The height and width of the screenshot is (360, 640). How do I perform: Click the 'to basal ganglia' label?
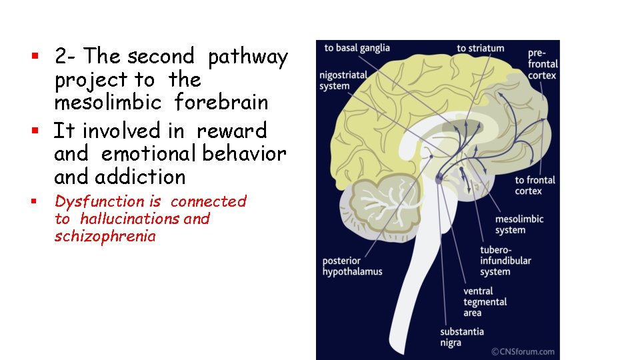point(357,48)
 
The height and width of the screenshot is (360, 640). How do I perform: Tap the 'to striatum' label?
point(481,48)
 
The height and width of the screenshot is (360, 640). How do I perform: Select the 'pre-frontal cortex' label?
point(543,64)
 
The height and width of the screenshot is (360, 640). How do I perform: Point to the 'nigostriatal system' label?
point(343,81)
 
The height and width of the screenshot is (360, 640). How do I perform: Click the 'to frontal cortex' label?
point(535,185)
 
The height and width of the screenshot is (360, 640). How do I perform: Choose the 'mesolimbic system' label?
point(519,224)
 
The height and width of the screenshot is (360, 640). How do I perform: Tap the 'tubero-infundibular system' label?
point(505,261)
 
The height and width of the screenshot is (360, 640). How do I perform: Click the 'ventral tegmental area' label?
point(485,302)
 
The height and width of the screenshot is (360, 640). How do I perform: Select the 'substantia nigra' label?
point(461,337)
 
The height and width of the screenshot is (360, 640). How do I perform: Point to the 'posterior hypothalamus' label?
point(352,266)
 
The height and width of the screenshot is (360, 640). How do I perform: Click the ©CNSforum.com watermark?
point(523,351)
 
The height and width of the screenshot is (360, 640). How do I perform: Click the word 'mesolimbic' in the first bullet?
point(108,102)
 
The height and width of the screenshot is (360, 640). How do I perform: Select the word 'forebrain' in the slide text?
point(221,102)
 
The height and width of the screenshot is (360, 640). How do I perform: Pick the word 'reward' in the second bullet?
point(231,131)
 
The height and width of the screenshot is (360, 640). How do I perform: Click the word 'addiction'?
point(141,177)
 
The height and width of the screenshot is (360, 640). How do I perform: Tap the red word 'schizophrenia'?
point(105,236)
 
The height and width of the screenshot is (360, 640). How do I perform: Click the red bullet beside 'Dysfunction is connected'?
point(34,201)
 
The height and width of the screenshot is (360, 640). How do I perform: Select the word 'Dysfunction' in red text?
point(99,201)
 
